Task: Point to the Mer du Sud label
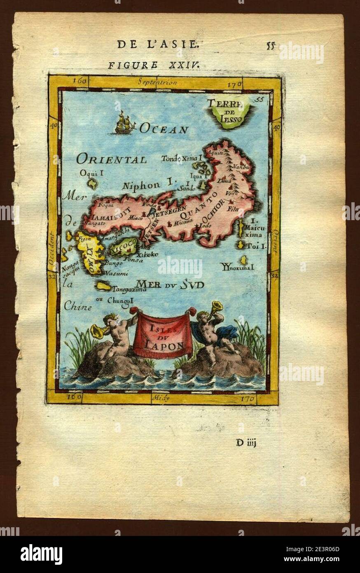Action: coord(170,284)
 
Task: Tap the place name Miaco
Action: coord(136,218)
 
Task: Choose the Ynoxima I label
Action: coord(237,267)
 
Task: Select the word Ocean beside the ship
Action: coord(164,129)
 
